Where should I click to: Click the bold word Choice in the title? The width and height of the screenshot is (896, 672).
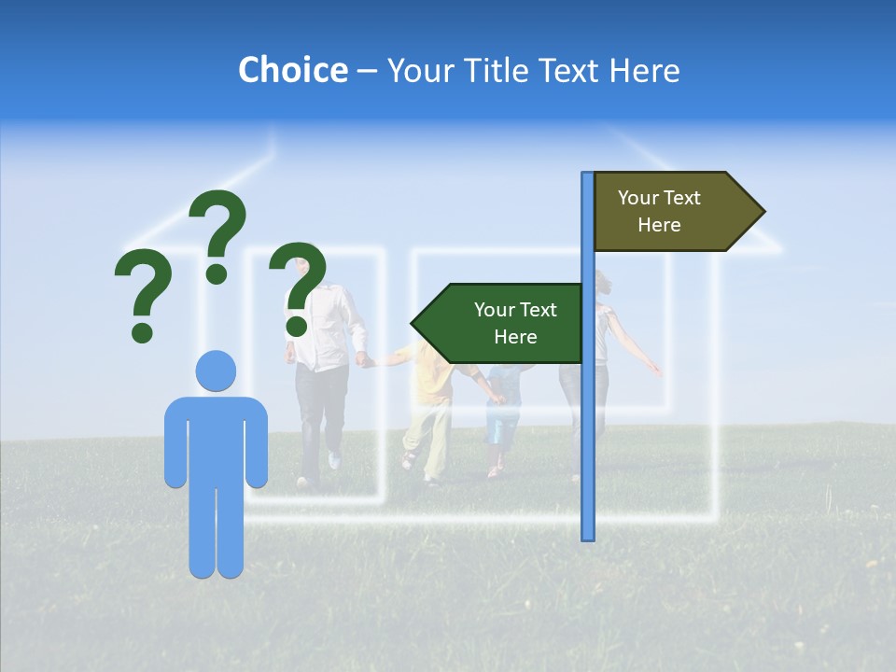point(292,70)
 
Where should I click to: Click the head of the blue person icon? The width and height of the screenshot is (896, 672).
point(216,371)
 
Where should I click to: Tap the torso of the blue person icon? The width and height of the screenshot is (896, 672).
point(216,439)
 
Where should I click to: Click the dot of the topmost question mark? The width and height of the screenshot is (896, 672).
point(217,273)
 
